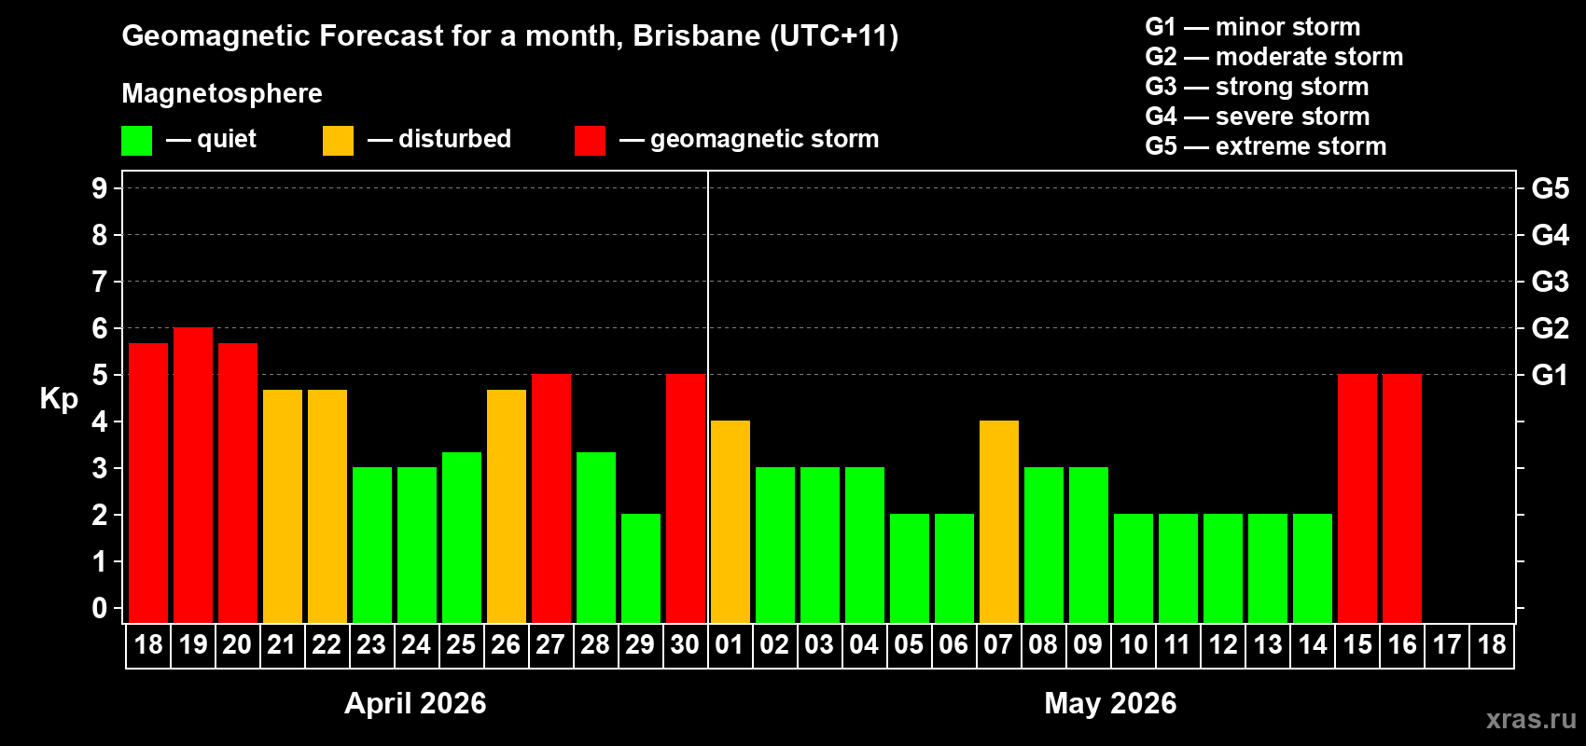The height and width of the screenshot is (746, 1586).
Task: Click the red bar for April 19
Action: [x=193, y=476]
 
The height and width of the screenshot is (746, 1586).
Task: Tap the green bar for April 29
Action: [x=641, y=568]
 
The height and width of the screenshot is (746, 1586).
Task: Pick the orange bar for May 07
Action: [x=999, y=522]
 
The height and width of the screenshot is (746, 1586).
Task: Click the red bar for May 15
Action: [x=1357, y=499]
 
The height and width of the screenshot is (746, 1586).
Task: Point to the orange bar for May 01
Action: [x=730, y=522]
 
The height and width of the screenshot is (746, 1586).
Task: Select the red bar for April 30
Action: [x=686, y=499]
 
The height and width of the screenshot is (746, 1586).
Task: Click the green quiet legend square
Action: [x=137, y=141]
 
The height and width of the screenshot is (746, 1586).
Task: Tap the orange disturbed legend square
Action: [x=339, y=141]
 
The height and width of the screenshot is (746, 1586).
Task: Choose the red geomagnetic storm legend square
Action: [x=590, y=141]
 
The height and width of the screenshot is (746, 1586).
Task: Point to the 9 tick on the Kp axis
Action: [x=100, y=188]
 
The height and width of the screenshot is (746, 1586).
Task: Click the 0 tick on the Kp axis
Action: [x=100, y=608]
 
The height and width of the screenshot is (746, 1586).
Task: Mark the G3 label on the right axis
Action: [x=1550, y=282]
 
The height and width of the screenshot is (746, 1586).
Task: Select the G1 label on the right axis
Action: [x=1550, y=375]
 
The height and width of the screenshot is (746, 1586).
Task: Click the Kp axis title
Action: [x=59, y=399]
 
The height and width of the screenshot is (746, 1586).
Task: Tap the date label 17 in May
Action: [x=1447, y=644]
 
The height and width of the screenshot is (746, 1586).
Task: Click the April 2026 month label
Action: [x=415, y=703]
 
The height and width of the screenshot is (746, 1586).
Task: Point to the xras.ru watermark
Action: [x=1531, y=719]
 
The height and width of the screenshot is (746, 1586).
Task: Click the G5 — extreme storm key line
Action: [x=1265, y=146]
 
